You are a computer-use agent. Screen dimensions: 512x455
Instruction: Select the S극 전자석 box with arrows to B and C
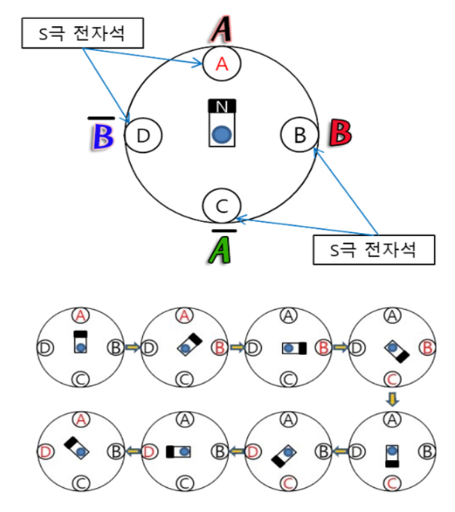point(374,249)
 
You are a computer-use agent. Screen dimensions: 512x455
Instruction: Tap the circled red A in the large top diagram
point(222,64)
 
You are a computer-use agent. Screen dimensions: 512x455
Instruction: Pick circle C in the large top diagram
point(222,204)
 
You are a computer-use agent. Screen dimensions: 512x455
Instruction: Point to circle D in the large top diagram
point(144,135)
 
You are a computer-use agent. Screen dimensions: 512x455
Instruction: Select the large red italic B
point(340,133)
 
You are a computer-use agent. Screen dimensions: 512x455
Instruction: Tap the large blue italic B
point(102,138)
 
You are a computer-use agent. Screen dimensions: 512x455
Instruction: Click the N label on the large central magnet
point(221,108)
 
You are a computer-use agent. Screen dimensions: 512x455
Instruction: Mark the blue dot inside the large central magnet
point(221,134)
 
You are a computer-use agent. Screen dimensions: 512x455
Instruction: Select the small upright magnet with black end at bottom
point(392,454)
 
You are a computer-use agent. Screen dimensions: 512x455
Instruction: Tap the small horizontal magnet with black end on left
point(179,452)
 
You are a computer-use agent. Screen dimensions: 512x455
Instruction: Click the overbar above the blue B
point(100,118)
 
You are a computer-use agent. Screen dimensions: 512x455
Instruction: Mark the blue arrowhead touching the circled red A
point(201,64)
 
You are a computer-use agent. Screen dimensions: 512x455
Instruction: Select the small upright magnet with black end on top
point(79,342)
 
